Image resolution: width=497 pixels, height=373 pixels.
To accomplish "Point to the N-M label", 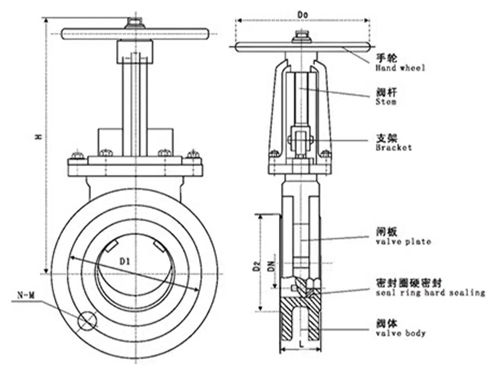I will pos(26,296).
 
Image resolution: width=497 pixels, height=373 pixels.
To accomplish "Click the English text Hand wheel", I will pos(400,68).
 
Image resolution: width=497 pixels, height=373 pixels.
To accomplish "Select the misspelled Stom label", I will pos(386,101).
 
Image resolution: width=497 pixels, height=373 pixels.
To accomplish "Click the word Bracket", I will pos(394,147).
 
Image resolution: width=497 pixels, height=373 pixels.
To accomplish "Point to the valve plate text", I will pos(403,242).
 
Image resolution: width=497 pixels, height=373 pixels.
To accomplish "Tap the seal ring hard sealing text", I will pos(430,292).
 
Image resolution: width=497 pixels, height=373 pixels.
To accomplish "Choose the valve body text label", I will pos(401,333).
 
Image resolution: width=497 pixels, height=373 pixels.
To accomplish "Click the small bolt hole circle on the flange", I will pos(87,321).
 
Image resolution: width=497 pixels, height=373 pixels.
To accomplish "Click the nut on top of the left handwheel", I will pos(134,22).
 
